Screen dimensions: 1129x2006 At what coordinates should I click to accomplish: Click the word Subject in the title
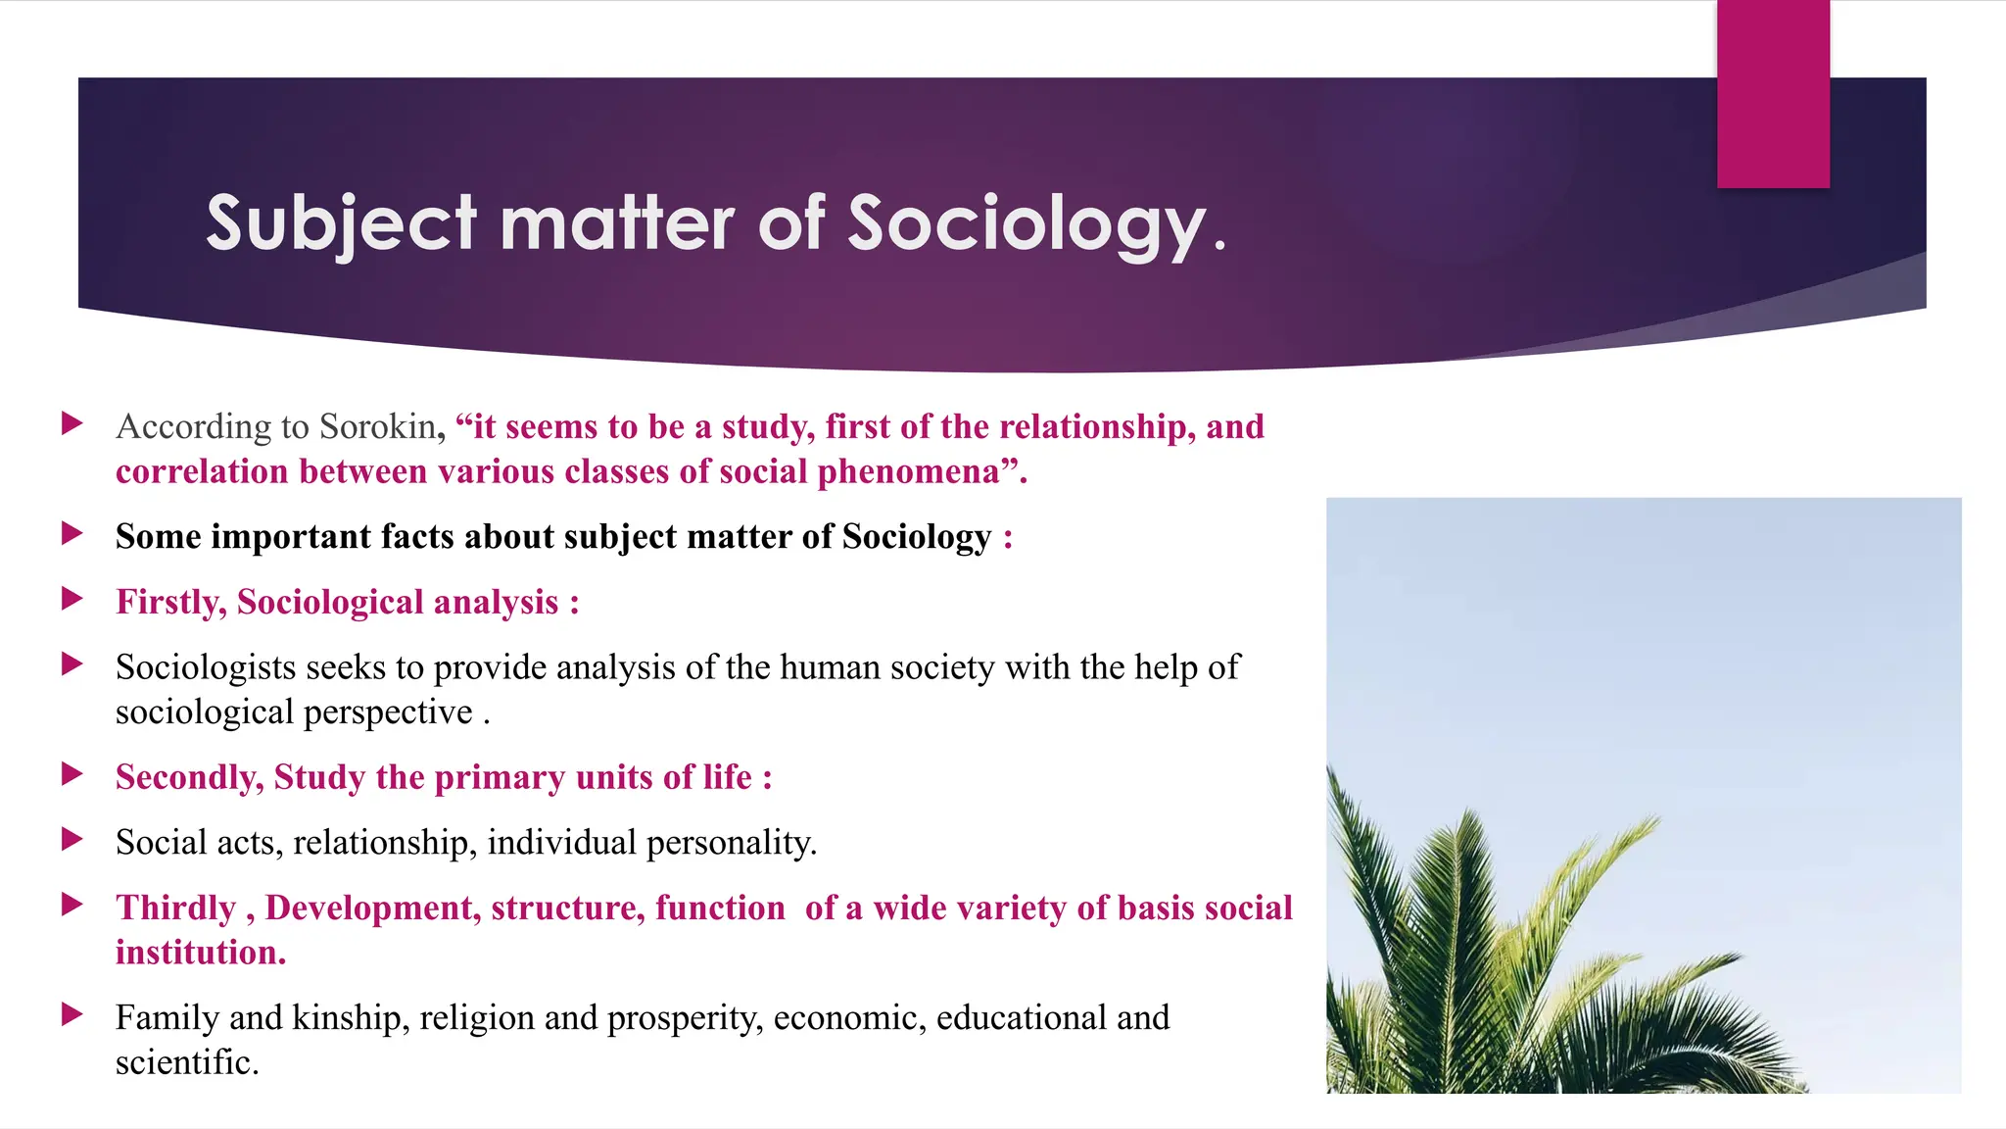[x=341, y=224]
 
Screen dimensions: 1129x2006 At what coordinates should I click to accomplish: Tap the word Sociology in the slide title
[x=1026, y=224]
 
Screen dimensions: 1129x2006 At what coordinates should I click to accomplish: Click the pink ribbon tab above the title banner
[x=1773, y=94]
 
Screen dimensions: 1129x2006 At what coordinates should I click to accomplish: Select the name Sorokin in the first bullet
[x=377, y=427]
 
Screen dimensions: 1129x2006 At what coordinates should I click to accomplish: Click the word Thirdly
[x=176, y=908]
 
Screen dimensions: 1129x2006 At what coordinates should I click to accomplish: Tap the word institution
[x=200, y=953]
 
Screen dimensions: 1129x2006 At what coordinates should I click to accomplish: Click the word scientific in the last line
[x=186, y=1062]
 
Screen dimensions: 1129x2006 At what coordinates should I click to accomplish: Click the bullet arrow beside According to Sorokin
[x=72, y=423]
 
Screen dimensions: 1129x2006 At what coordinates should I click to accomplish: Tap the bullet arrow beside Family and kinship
[x=72, y=1014]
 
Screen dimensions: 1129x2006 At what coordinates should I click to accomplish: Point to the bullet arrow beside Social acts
[x=72, y=839]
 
